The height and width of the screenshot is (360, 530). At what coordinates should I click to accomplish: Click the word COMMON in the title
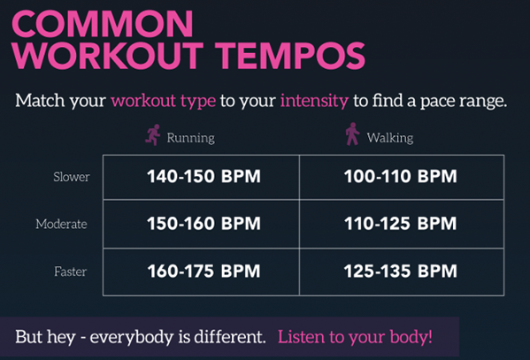[103, 24]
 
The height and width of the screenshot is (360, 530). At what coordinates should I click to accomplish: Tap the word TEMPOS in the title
[290, 56]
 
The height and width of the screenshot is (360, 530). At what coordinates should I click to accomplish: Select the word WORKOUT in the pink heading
[107, 56]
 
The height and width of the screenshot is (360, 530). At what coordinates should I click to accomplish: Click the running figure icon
[153, 134]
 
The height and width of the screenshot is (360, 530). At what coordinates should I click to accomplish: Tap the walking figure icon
[352, 134]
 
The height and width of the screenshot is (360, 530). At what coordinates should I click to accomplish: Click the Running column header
[190, 138]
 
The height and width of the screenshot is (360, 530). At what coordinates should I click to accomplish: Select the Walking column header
[390, 138]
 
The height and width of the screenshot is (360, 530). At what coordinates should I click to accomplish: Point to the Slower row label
[72, 177]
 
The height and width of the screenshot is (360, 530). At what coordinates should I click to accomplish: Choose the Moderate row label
[62, 224]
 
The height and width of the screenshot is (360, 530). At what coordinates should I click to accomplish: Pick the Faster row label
[70, 272]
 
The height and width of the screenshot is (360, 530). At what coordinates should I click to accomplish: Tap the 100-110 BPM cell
[401, 176]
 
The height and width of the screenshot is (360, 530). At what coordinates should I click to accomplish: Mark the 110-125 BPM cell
[401, 224]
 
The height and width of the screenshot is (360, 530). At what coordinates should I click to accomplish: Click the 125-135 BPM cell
[401, 271]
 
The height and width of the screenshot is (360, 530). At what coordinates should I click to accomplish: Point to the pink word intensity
[314, 101]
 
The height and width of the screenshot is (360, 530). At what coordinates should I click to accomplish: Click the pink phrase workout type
[164, 101]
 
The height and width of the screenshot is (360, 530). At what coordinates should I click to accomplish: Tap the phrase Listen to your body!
[355, 337]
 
